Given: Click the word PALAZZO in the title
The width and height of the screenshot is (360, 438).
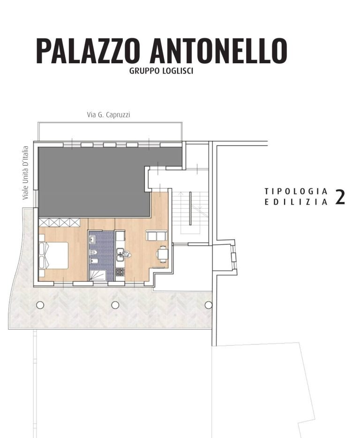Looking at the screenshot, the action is (87, 51).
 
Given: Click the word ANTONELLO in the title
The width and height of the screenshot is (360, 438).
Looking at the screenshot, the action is (219, 51).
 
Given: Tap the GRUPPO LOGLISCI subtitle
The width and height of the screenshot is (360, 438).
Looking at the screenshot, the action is (161, 71).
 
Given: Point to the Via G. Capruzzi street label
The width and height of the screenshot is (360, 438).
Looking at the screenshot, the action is (108, 115).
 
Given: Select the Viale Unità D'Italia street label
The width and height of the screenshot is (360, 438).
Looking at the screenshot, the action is (26, 173).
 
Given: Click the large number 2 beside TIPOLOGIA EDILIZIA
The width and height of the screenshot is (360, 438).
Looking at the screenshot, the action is (340, 197).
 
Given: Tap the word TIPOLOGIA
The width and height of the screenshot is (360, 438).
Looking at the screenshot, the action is (296, 191).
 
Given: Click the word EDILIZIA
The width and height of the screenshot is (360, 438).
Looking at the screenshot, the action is (296, 202).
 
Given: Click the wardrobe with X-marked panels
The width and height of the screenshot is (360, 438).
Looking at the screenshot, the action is (59, 222).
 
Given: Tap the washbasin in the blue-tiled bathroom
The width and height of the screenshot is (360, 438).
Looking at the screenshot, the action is (92, 239).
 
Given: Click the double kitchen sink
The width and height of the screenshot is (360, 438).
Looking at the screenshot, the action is (120, 255).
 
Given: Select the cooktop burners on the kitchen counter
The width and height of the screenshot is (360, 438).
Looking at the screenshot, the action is (120, 272).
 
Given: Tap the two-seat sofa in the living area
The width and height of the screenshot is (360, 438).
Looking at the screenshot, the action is (157, 235).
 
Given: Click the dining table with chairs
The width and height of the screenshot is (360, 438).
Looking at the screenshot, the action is (162, 254).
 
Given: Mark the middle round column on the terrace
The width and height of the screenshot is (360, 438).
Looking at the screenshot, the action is (115, 305).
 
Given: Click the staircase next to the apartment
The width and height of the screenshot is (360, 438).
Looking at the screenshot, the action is (190, 211).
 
